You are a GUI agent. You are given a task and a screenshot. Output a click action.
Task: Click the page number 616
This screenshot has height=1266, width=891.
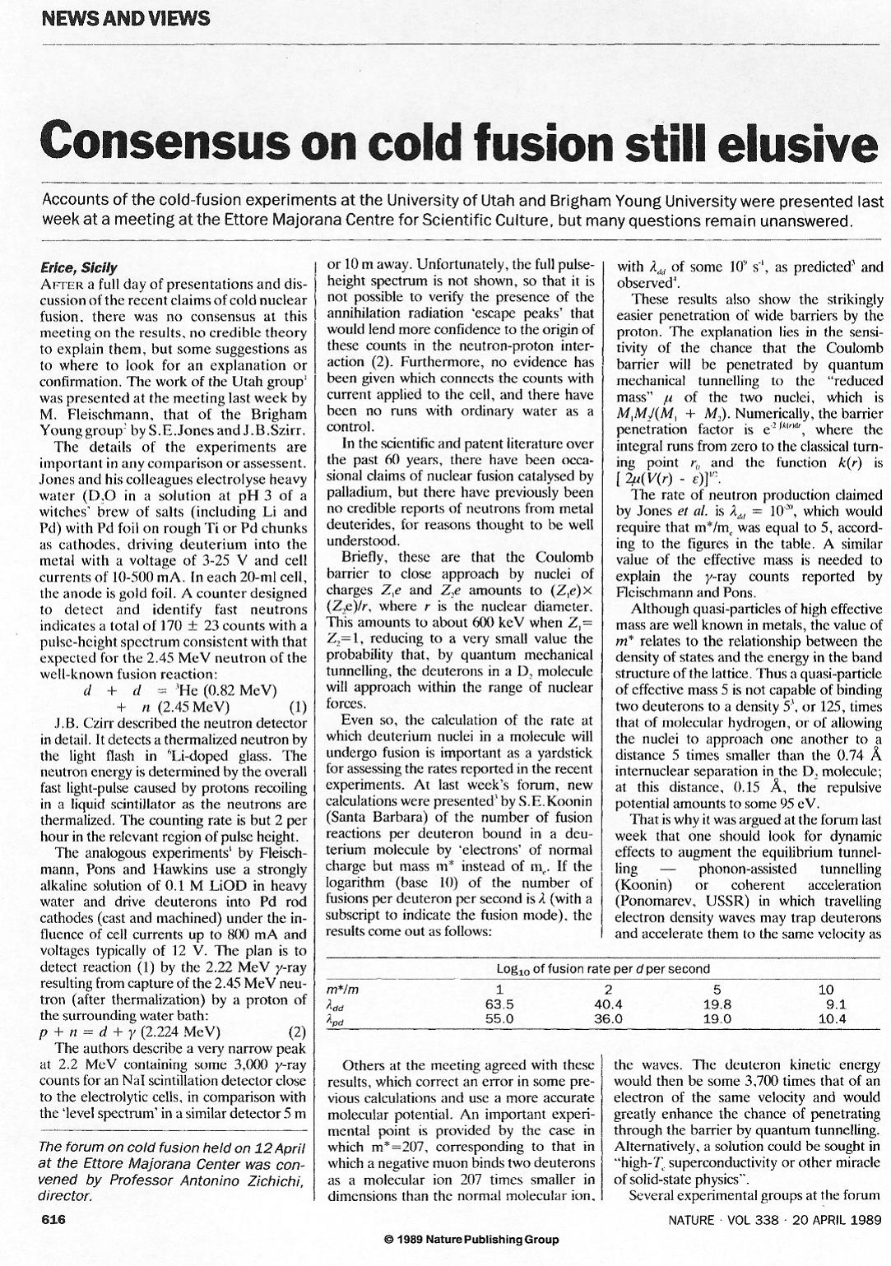pos(53,1220)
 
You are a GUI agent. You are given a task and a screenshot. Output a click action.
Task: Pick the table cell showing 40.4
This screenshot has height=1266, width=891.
pos(608,1004)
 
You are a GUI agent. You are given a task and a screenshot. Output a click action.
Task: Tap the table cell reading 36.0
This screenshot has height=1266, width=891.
pos(608,1018)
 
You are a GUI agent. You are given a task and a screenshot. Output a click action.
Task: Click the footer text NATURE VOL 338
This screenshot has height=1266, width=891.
pos(724,1220)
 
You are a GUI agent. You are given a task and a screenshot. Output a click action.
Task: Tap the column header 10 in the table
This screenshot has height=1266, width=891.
pos(827,990)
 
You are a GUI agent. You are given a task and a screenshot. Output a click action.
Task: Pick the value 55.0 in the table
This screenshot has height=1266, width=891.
pos(499,1018)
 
